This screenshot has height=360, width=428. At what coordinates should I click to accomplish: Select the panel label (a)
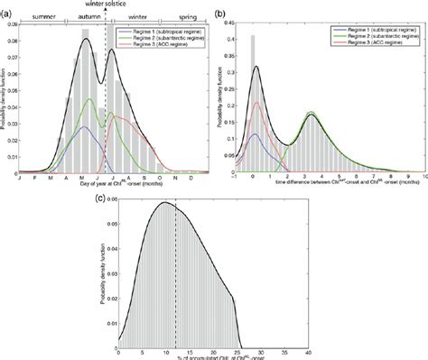pyautogui.click(x=6, y=8)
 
